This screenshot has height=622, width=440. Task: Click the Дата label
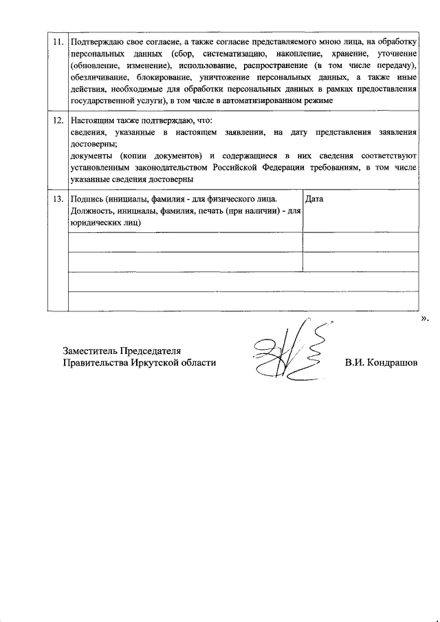click(314, 199)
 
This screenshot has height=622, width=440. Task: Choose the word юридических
click(98, 223)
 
